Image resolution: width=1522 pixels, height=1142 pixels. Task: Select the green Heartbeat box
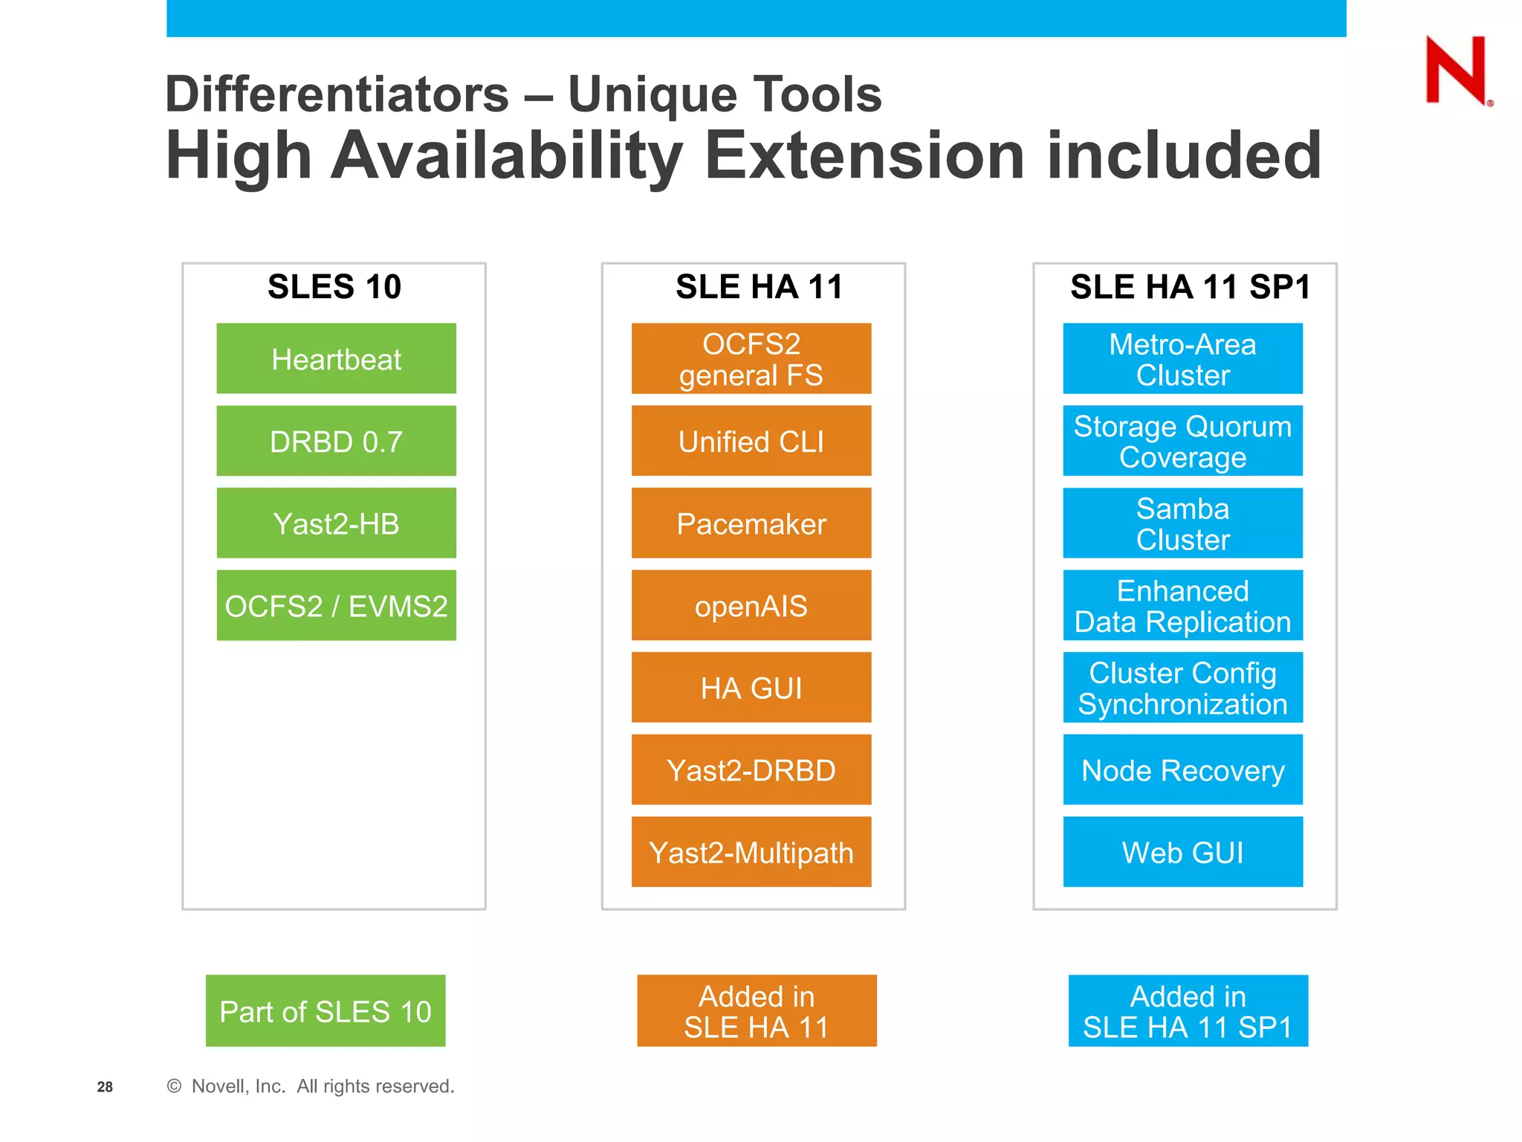pos(336,358)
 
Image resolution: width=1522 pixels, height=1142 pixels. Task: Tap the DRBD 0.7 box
pos(336,441)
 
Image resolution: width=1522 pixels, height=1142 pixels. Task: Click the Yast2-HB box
pos(336,523)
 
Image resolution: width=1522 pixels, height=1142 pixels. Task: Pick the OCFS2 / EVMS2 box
pos(336,605)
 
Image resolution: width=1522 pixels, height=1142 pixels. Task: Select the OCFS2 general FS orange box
pos(751,358)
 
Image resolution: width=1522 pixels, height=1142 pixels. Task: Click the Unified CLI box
pos(751,441)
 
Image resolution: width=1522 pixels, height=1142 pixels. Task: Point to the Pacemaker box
pos(751,523)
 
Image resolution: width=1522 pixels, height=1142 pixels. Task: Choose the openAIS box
pos(751,605)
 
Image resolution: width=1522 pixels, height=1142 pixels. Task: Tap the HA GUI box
pos(751,688)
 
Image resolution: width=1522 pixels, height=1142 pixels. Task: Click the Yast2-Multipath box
pos(751,852)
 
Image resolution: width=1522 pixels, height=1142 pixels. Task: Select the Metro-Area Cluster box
pos(1182,358)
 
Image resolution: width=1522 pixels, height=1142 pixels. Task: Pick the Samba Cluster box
pos(1182,523)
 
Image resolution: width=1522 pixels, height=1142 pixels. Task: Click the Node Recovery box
pos(1182,770)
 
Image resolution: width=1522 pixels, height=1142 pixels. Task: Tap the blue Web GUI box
pos(1182,852)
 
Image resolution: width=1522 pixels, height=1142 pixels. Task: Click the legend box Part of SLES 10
pos(326,1011)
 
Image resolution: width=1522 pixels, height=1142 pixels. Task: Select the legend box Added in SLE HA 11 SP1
pos(1188,1011)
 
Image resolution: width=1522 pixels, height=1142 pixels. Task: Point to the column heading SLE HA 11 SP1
pos(1190,287)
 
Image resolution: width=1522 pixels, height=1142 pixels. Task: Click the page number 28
pos(105,1087)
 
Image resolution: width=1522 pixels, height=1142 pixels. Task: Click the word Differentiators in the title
pos(337,94)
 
